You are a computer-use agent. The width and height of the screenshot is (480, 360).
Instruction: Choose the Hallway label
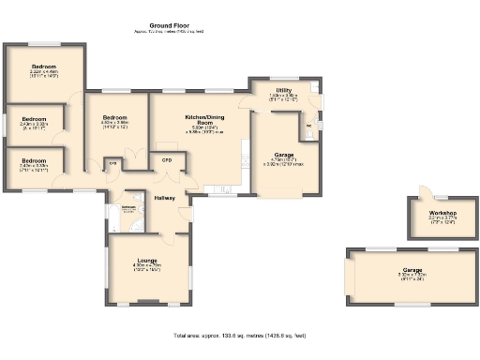pos(167,198)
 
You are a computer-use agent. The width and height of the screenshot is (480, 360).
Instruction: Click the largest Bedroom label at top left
pos(44,67)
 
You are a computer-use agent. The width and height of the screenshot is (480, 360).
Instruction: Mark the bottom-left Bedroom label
pos(34,161)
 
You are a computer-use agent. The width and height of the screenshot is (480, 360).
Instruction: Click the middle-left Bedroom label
pos(34,119)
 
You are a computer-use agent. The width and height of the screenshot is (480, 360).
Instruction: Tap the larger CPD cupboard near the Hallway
pos(168,160)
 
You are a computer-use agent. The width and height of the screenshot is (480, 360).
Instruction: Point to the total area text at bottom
pos(239,335)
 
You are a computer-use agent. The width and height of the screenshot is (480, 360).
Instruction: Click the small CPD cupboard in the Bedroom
pos(113,163)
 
